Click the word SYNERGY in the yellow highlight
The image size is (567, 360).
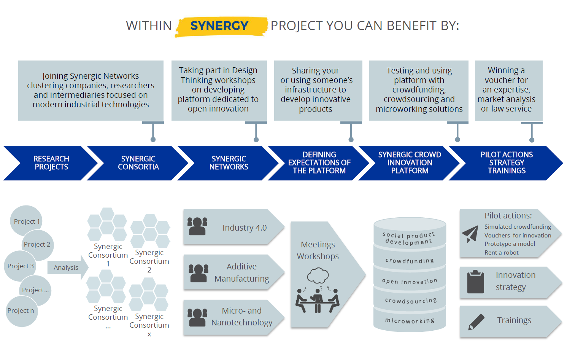click(219, 25)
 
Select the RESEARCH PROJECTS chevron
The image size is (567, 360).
click(51, 163)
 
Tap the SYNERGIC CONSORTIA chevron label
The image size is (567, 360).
click(138, 163)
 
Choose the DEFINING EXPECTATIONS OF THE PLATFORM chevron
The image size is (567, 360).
click(319, 163)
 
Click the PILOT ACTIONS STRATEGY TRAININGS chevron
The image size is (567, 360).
click(506, 163)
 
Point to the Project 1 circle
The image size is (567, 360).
click(26, 221)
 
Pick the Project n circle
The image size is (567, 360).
click(22, 311)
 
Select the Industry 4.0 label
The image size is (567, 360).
click(245, 228)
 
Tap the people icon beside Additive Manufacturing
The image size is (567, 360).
click(199, 273)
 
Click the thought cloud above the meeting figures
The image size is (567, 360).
click(318, 276)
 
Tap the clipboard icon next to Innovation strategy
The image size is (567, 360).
click(475, 282)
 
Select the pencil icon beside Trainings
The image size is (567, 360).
click(476, 322)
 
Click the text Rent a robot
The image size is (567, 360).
click(502, 253)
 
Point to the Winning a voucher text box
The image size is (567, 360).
click(508, 91)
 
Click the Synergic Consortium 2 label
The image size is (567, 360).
click(149, 261)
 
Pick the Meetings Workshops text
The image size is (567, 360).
click(318, 250)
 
